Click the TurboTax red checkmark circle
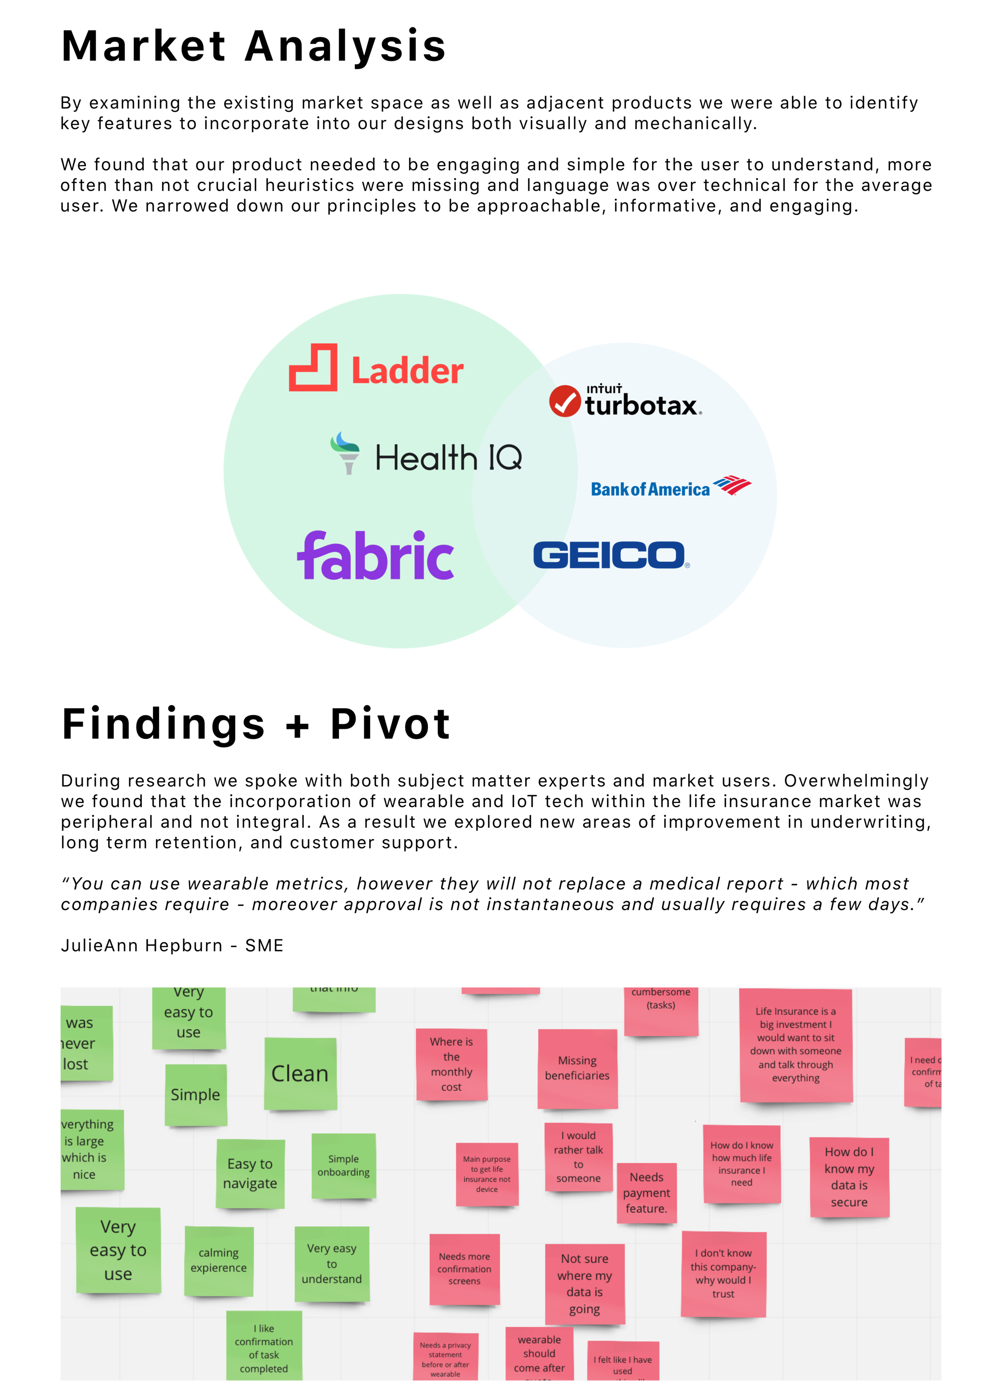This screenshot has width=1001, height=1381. click(x=564, y=401)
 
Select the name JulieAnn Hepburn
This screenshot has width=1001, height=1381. click(x=141, y=946)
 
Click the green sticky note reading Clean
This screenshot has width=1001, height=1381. click(x=300, y=1074)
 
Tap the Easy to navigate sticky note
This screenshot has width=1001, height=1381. click(x=250, y=1173)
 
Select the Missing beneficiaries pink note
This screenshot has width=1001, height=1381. click(x=577, y=1069)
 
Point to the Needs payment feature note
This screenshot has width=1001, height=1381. click(x=646, y=1193)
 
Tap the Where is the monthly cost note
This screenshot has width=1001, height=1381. click(x=452, y=1064)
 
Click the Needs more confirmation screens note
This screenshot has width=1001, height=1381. click(x=464, y=1269)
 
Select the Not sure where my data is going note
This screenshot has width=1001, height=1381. click(x=584, y=1284)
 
